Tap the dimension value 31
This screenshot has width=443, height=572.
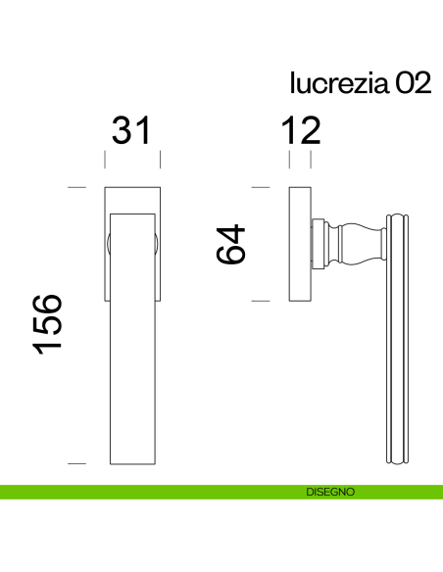tap(132, 131)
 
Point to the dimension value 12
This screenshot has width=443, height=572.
tap(299, 131)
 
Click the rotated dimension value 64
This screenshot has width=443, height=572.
tap(232, 244)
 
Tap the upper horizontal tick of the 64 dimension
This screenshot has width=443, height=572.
tap(260, 186)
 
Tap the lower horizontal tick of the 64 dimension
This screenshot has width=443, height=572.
tap(260, 302)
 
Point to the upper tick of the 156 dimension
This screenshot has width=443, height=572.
tap(75, 186)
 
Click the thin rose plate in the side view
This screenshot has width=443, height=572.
tap(300, 243)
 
